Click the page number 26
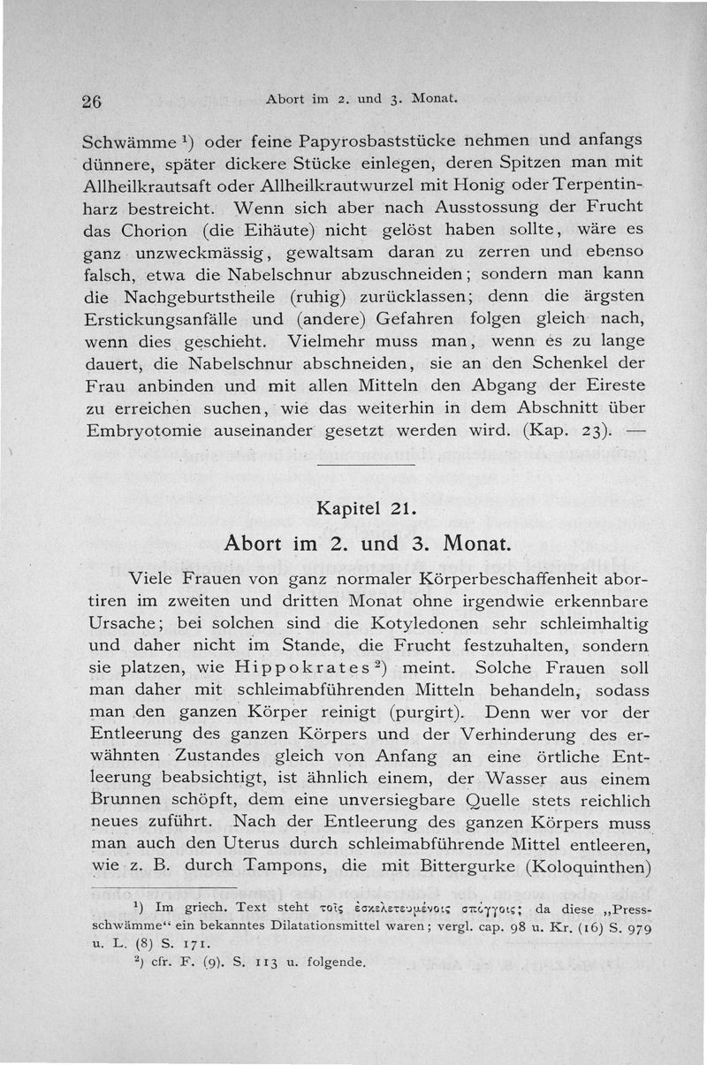click(93, 101)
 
